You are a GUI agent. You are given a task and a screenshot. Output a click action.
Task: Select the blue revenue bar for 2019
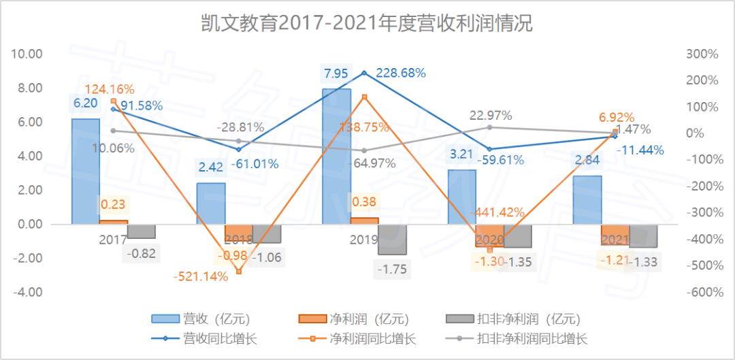click(x=337, y=157)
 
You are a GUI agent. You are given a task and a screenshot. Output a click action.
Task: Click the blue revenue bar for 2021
click(x=587, y=200)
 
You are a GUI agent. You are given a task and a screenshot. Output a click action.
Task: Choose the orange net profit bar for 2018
click(x=239, y=233)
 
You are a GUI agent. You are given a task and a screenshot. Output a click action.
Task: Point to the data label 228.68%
click(x=397, y=73)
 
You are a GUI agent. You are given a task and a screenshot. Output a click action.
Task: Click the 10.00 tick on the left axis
click(x=29, y=54)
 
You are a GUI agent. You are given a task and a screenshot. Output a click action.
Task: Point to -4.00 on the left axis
click(x=29, y=292)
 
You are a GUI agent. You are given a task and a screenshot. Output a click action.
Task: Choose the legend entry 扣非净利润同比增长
click(x=532, y=338)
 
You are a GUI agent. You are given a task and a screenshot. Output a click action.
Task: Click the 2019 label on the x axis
click(x=364, y=240)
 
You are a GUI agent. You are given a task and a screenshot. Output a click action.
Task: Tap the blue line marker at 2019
click(x=364, y=73)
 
